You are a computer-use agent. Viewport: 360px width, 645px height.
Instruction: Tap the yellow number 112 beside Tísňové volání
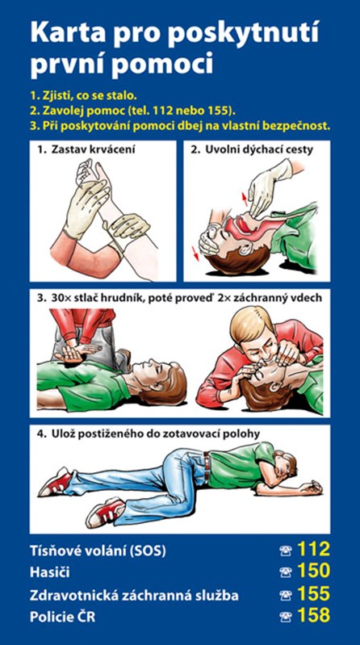313,549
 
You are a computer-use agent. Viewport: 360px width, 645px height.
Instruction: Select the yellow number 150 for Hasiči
313,571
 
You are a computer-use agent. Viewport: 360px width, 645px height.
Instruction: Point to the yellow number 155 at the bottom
313,593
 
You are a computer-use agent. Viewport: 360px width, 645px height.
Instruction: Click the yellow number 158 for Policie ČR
313,615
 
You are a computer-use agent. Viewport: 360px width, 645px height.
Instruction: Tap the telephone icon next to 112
285,551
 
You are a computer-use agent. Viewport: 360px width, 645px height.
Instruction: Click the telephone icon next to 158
285,617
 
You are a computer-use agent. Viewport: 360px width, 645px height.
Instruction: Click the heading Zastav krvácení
93,149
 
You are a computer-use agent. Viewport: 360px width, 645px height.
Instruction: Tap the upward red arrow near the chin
245,199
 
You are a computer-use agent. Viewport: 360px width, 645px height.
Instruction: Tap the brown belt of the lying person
207,466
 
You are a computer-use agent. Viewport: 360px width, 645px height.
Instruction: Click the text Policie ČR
62,617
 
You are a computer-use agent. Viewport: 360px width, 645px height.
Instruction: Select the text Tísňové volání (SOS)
98,551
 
